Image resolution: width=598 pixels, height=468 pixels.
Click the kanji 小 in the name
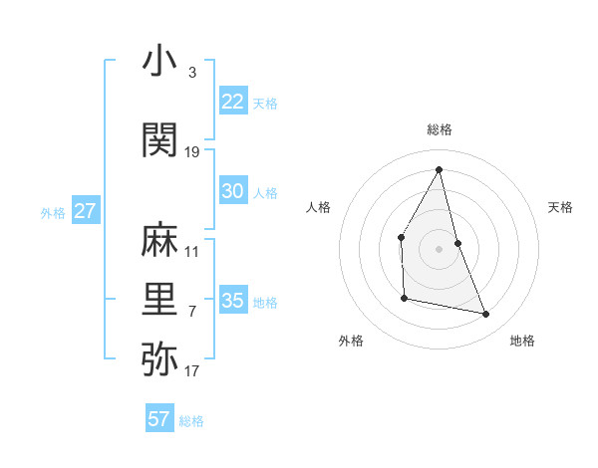point(159,62)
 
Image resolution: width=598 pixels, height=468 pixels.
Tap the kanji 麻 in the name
point(159,241)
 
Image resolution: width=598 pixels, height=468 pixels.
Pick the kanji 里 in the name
point(159,300)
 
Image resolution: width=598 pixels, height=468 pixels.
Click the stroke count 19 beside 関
point(192,152)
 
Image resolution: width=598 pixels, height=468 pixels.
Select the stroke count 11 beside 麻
point(192,252)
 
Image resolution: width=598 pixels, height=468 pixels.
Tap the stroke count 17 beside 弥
point(192,371)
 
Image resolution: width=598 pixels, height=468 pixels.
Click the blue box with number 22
point(233,102)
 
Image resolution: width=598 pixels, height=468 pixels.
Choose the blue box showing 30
point(233,191)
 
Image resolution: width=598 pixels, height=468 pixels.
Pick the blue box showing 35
point(233,301)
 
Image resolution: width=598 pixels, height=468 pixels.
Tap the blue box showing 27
point(86,211)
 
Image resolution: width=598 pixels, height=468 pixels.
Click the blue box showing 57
point(159,419)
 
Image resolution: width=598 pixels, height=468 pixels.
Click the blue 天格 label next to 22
point(265,103)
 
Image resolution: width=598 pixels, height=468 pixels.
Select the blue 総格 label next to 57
point(191,421)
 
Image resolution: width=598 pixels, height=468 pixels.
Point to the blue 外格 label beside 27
point(53,213)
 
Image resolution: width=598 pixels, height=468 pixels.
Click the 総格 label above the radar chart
point(439,129)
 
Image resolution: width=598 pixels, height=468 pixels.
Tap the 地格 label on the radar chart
point(522,341)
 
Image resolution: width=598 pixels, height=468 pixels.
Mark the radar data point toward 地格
point(486,315)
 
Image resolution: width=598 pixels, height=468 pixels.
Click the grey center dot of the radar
point(439,248)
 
